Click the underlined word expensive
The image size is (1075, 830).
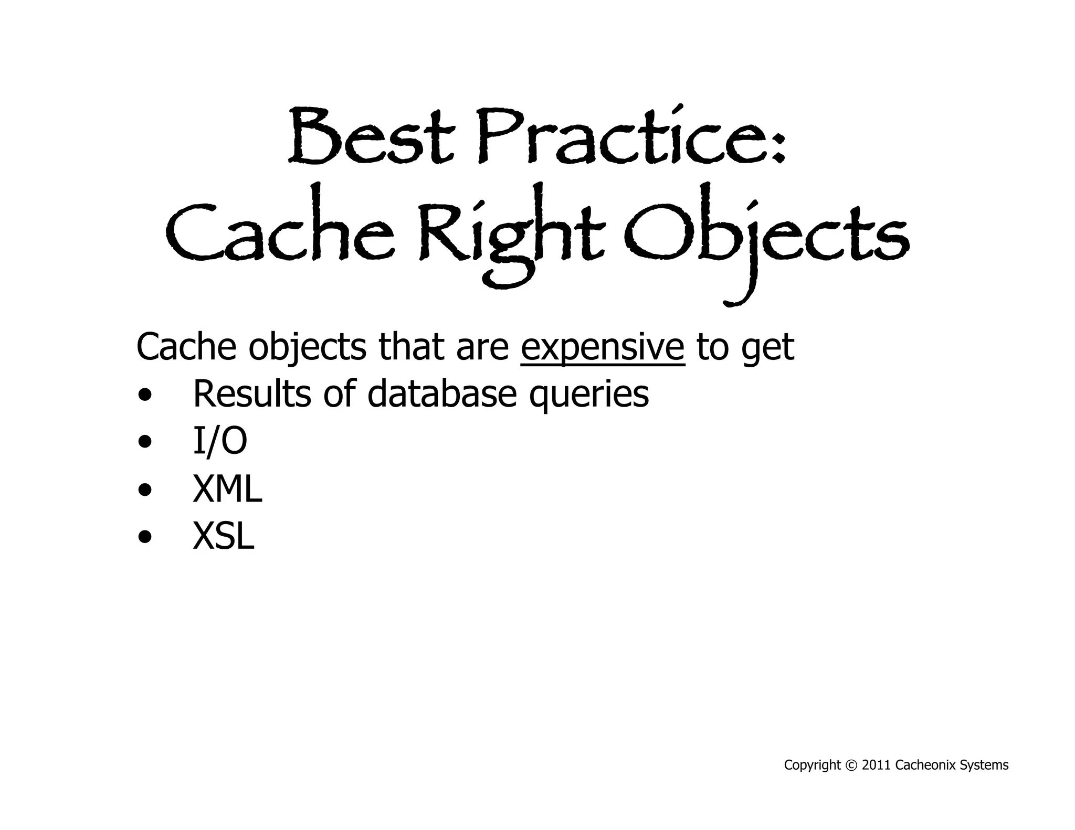(x=603, y=347)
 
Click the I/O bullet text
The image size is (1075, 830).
(x=220, y=441)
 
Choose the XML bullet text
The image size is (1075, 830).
(x=227, y=489)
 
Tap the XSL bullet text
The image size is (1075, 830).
(x=224, y=537)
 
